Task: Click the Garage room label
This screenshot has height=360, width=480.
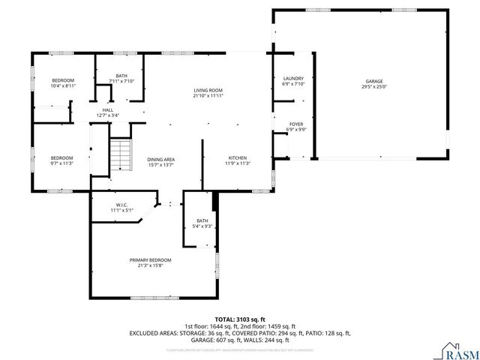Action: click(374, 81)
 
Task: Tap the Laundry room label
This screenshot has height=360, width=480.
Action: click(292, 79)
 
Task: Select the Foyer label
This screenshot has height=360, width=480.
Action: click(295, 124)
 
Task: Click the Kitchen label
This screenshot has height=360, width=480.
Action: click(238, 158)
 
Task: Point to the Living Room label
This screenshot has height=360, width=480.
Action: click(208, 90)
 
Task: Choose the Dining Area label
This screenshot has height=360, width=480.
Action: click(160, 159)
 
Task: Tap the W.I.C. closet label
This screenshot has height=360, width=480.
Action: click(122, 205)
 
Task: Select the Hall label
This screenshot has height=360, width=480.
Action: click(108, 110)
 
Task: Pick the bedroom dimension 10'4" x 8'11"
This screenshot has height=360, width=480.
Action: click(63, 86)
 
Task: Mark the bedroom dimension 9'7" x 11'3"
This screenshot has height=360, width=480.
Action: click(61, 163)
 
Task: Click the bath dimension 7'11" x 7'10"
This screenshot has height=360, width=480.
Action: click(121, 81)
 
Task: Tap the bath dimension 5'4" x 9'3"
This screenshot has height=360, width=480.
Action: click(202, 226)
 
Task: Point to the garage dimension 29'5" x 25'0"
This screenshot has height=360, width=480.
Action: click(374, 86)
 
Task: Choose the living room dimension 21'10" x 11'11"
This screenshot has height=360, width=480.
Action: click(208, 96)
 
